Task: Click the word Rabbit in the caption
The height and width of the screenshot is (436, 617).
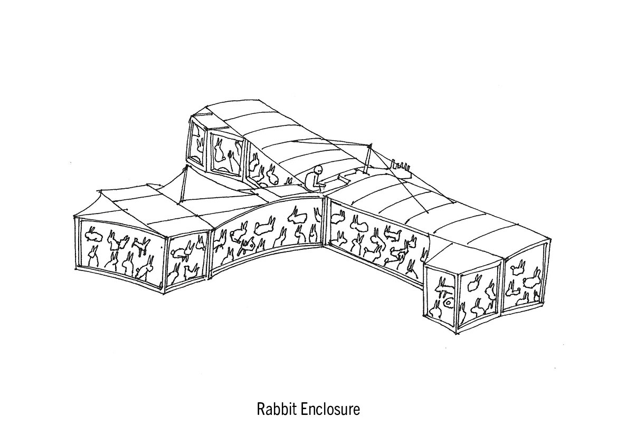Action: [274, 409]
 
